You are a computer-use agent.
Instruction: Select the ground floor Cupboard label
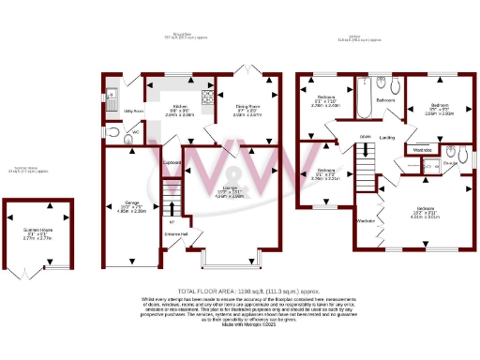171,162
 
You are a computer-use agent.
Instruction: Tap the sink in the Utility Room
111,91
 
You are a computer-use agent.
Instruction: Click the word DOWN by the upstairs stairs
365,136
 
